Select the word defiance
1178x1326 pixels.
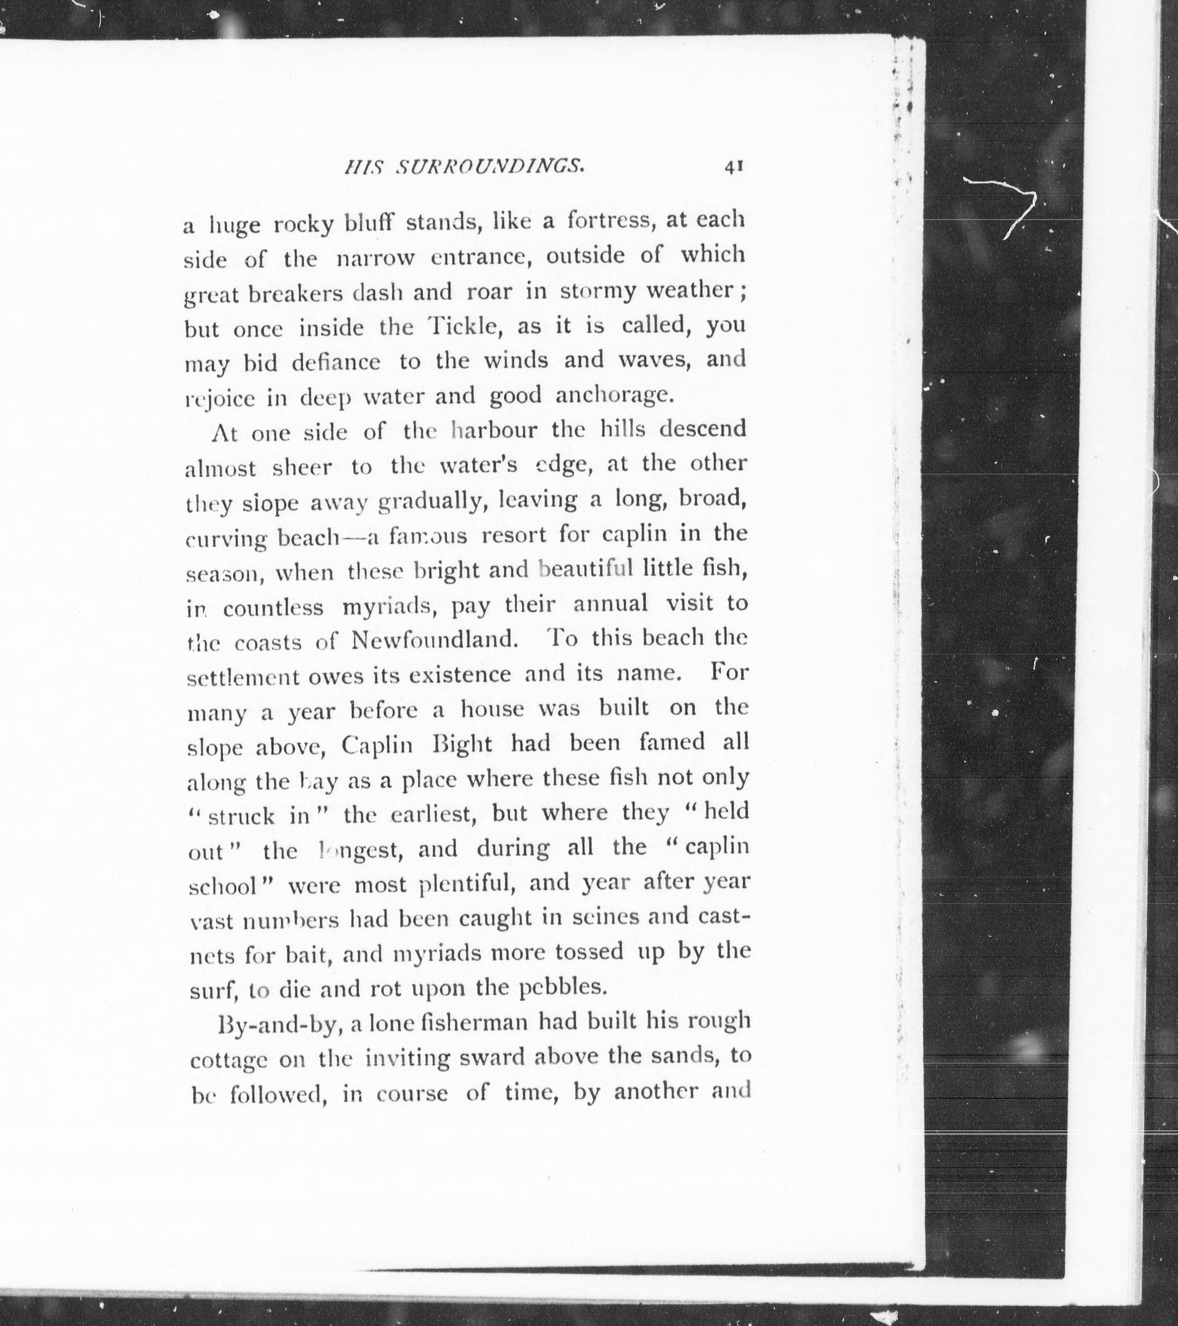click(336, 362)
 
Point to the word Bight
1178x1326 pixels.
click(462, 744)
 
